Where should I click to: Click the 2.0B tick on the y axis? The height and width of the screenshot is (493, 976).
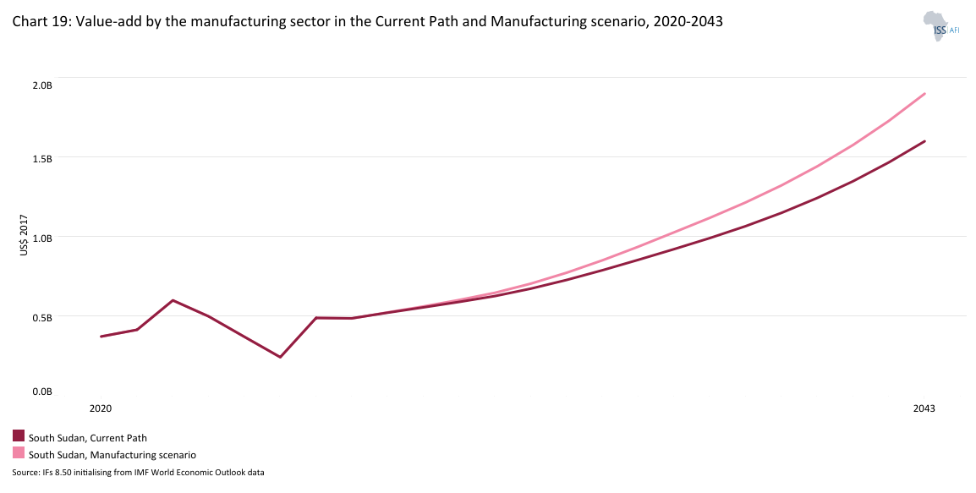(43, 85)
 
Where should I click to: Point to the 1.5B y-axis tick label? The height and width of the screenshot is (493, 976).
(43, 158)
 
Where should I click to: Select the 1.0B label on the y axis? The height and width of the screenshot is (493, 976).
(43, 238)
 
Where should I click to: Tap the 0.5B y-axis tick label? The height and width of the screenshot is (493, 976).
(43, 317)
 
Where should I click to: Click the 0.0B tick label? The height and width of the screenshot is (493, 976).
(43, 392)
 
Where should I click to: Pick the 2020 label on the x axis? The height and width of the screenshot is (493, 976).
(101, 408)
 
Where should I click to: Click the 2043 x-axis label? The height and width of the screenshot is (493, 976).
(924, 408)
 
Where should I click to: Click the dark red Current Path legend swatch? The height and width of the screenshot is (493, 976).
(19, 436)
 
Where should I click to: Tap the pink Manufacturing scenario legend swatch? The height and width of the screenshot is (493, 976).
(19, 453)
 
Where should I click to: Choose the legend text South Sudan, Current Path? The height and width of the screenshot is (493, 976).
(88, 438)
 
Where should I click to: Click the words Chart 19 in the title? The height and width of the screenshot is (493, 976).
(37, 23)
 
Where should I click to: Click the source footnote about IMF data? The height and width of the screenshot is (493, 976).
(139, 473)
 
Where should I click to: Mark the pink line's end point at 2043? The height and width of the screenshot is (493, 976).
(925, 94)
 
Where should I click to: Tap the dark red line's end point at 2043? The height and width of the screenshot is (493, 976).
(925, 141)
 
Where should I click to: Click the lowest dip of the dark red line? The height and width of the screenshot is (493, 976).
(280, 357)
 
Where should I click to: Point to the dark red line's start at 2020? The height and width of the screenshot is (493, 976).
(101, 337)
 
